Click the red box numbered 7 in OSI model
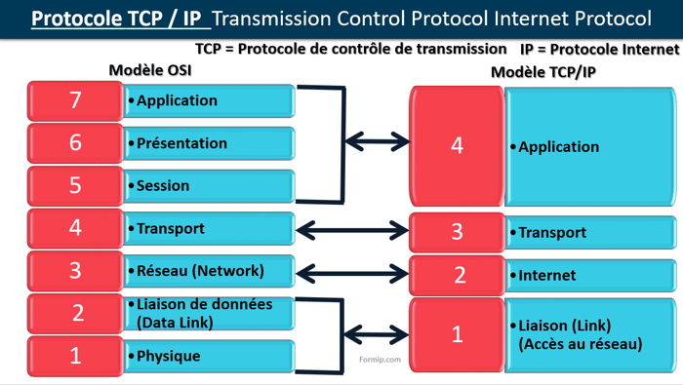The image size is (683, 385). tap(75, 100)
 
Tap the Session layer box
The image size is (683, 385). tap(209, 186)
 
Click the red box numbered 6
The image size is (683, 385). tap(75, 143)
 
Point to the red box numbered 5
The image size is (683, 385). tap(75, 186)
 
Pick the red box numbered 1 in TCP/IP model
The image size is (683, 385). tap(457, 333)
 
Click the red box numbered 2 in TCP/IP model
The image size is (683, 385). tap(457, 276)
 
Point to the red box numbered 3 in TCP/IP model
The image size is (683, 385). tap(457, 232)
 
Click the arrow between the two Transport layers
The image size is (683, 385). tap(350, 230)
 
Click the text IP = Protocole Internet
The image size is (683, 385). tap(599, 48)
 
